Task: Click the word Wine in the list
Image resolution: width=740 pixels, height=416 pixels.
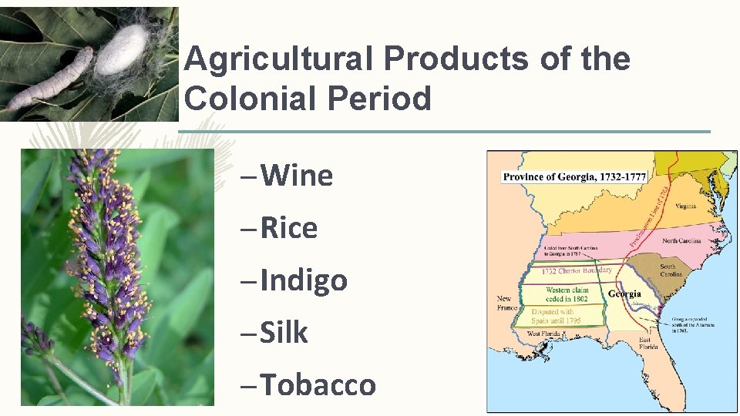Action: point(297,176)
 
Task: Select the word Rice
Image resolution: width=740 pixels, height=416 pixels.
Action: point(289,228)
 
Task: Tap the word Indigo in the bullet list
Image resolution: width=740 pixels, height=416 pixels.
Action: point(304,280)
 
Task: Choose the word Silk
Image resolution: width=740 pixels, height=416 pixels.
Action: point(284,333)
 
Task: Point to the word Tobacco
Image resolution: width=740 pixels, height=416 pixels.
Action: point(318,384)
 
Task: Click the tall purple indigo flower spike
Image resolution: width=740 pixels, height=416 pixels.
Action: point(104,254)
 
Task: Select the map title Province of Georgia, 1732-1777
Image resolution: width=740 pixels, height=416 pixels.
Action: point(574,177)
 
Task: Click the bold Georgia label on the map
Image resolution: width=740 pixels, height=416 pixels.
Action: point(625,294)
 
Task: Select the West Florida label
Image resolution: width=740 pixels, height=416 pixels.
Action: point(544,334)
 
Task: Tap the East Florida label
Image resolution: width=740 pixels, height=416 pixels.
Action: point(647,343)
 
